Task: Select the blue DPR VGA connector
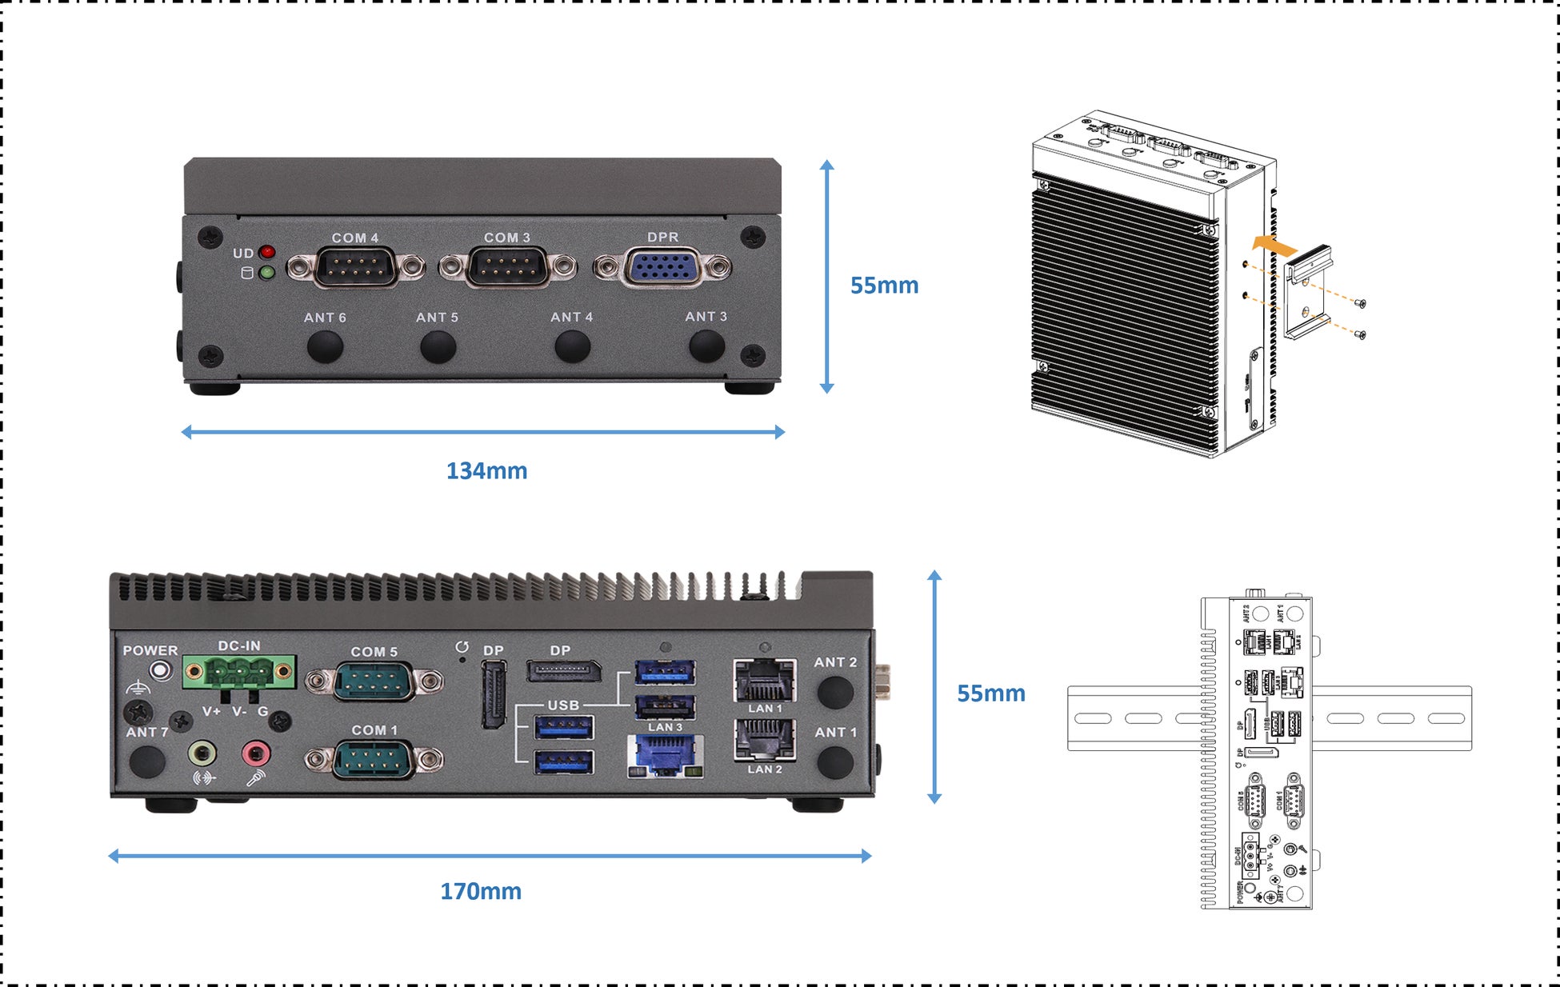point(662,267)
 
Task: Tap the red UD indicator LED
point(267,253)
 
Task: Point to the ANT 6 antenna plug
point(325,346)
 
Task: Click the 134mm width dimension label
point(486,471)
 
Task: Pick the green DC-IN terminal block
point(238,672)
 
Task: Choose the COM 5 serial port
point(374,681)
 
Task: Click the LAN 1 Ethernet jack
point(765,681)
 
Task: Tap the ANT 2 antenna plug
point(835,691)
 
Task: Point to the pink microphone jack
point(256,753)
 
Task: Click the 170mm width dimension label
point(481,892)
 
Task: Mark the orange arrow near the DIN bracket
point(1274,245)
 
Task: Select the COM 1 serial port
point(374,759)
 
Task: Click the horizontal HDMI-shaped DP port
point(563,671)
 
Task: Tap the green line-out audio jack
point(202,753)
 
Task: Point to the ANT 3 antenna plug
point(706,346)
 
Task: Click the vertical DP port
point(494,693)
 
